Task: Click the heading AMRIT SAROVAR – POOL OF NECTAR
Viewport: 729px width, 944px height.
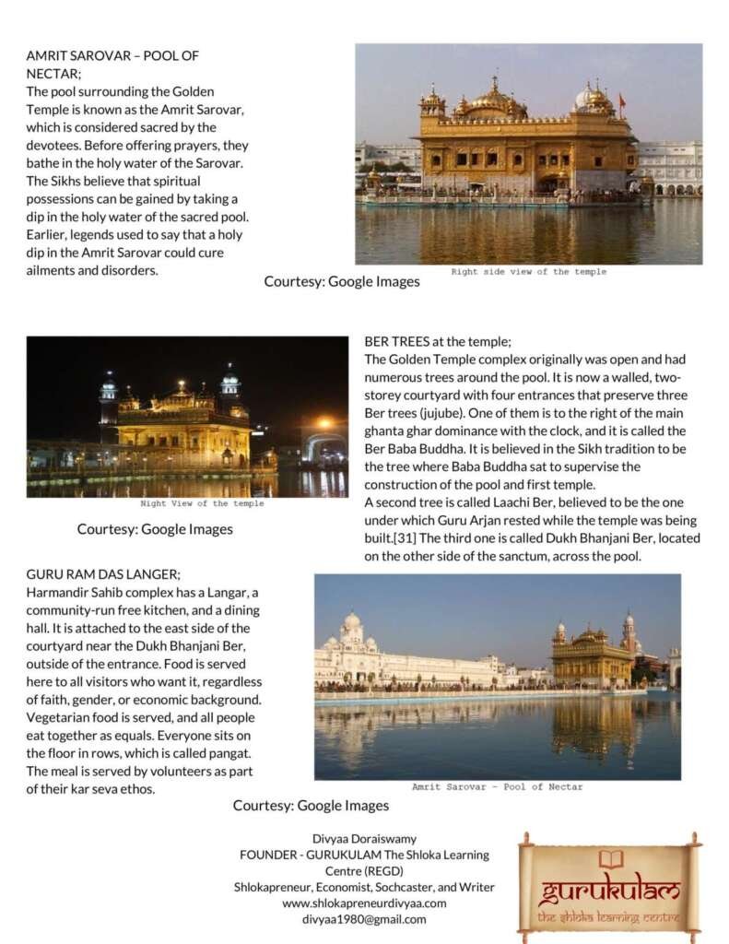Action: (x=112, y=65)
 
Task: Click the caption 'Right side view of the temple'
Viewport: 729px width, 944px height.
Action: (x=528, y=272)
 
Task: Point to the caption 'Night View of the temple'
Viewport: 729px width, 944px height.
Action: (x=202, y=504)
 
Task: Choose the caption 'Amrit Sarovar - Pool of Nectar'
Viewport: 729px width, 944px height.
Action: (x=497, y=787)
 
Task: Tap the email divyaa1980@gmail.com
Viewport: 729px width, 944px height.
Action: (x=364, y=919)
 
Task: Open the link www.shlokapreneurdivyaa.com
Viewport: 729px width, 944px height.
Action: (x=364, y=903)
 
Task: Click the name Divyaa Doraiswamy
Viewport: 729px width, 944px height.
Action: (x=364, y=839)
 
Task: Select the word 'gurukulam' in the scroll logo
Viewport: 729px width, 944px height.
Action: (x=610, y=891)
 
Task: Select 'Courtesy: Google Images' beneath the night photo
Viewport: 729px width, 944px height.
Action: (x=155, y=529)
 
